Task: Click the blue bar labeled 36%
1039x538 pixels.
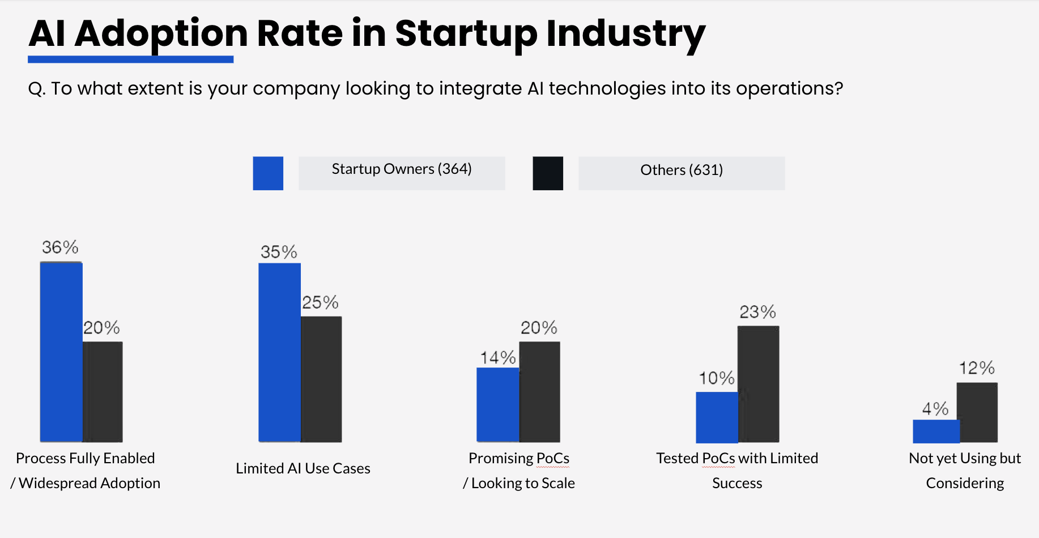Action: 61,352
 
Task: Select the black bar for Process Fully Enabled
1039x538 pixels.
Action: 103,391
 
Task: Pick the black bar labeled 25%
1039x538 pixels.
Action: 321,379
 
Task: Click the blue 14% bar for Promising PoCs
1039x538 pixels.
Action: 497,404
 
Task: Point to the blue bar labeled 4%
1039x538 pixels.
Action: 935,431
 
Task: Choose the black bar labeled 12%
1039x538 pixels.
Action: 977,412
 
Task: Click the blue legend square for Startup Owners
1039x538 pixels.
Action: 268,173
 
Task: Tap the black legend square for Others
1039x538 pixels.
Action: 548,173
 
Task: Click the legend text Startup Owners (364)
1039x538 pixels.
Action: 402,169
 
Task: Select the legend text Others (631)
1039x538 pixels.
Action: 682,170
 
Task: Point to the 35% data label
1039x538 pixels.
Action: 279,252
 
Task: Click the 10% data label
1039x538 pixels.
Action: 716,378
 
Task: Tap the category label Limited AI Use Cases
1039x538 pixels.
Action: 303,468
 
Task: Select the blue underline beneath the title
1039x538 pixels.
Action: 130,59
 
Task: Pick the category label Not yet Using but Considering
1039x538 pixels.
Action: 965,470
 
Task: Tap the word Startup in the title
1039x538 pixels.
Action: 466,34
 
